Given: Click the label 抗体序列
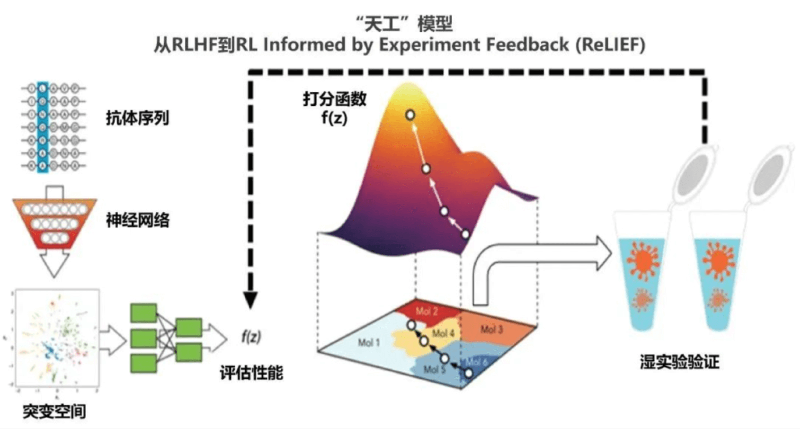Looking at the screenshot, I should (137, 118).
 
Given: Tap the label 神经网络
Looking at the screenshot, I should (137, 220).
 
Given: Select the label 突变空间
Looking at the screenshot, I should (54, 411).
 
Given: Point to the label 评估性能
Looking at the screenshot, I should (251, 373).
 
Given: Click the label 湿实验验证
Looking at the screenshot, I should (679, 362).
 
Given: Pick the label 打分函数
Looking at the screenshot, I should (335, 99).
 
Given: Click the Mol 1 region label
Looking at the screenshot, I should (369, 342).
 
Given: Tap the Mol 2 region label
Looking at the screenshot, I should (427, 312).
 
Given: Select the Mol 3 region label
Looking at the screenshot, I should (491, 329).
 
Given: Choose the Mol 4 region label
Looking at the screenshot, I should (443, 333).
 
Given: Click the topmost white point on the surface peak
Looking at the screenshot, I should (410, 115).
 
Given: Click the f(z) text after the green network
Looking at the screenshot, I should (251, 337).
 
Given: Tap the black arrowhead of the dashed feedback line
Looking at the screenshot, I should (250, 300).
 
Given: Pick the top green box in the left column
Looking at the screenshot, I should (143, 313).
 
